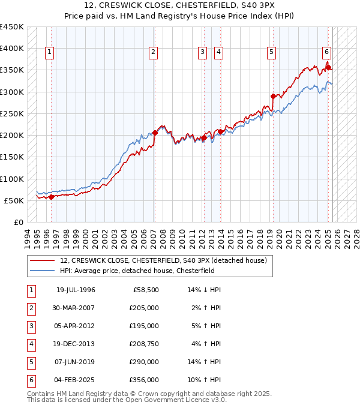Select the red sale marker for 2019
[273, 96]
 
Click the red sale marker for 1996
[51, 196]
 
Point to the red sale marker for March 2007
[155, 133]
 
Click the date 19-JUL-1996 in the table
[76, 290]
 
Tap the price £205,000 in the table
[144, 308]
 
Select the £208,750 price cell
[144, 344]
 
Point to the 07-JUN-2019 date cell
[76, 362]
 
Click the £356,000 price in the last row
[144, 380]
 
